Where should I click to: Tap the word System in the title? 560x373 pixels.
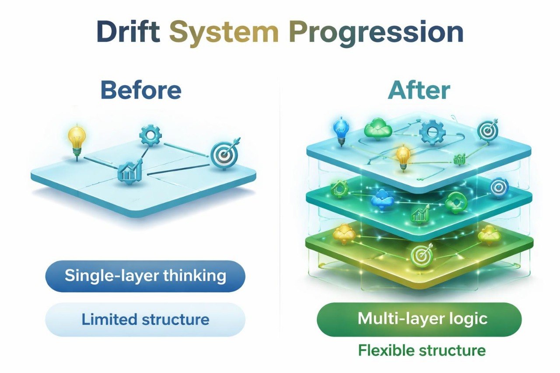224,32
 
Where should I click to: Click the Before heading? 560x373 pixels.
140,90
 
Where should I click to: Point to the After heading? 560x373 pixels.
419,90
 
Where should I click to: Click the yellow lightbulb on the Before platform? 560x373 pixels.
77,138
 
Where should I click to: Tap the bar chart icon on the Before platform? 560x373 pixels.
129,170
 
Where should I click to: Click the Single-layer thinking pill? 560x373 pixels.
145,276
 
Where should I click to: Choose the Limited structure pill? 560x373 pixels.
145,319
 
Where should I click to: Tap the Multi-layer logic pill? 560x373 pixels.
419,319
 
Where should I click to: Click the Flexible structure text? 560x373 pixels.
421,350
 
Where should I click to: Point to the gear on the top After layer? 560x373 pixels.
432,132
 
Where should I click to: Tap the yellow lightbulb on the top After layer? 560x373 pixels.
403,155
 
